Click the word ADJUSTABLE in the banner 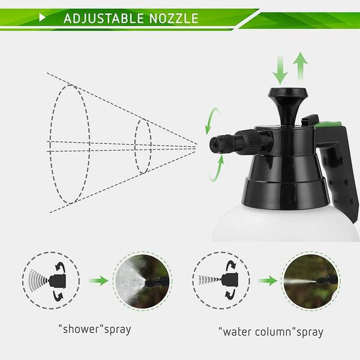point(104,19)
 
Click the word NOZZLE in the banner point(174,19)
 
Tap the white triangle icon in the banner point(42,17)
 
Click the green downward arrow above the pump point(280,70)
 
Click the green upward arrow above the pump point(301,66)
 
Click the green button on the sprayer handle point(328,124)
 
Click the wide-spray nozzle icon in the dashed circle point(51,281)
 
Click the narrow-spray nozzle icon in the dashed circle point(221,280)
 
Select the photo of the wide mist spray point(143,281)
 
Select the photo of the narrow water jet point(311,281)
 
